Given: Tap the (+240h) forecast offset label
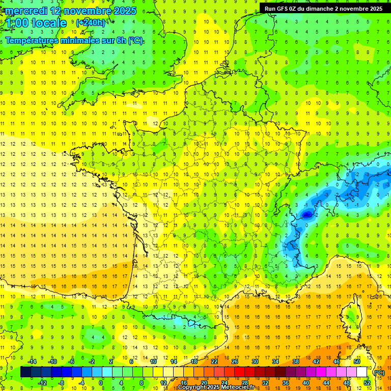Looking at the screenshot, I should point(91,22).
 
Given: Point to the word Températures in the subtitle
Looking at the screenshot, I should point(35,41).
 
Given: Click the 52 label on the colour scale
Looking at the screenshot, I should point(367,383).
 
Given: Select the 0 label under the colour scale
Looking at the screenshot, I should point(101,383).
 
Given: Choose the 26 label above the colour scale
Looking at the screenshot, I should point(235,361).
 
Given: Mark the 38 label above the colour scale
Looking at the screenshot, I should point(295,361).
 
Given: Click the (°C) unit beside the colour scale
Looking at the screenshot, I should point(379,373).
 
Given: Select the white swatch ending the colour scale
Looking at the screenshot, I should point(361,372).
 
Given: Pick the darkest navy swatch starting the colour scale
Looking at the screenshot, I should point(25,372).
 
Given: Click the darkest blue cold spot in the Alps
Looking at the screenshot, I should point(306,215).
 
